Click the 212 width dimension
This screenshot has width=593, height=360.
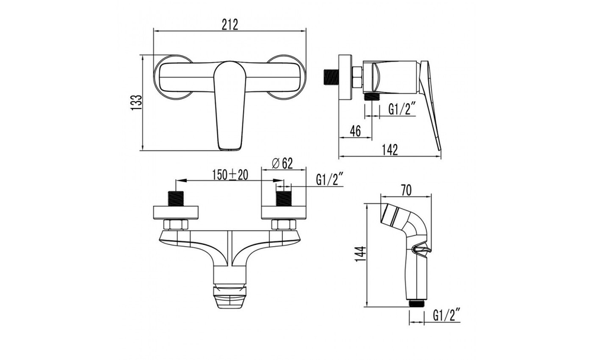tap(230, 25)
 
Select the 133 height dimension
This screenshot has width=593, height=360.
tap(136, 103)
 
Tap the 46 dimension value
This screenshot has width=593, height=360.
tap(355, 131)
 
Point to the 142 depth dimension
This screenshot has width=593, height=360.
tap(390, 149)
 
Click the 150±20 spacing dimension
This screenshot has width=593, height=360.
tap(230, 175)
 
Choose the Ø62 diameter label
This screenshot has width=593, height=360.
tap(282, 163)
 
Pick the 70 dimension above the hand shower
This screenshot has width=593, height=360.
tap(406, 191)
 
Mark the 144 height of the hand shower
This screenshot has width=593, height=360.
tap(361, 254)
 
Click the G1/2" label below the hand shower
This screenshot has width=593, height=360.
tap(447, 315)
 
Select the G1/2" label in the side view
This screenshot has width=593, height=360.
tap(402, 110)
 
